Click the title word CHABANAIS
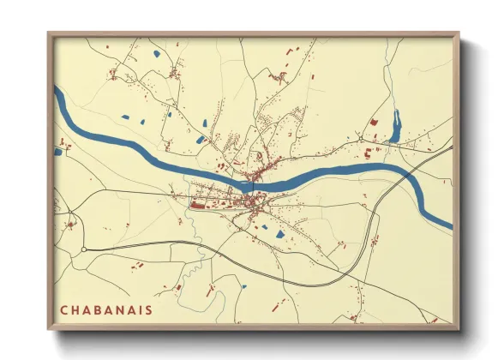click(x=106, y=309)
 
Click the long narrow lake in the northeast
click(x=395, y=125)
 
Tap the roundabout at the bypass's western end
click(x=84, y=249)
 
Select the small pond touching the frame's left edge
click(x=58, y=152)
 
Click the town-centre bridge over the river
click(x=249, y=183)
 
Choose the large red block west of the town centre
click(x=199, y=205)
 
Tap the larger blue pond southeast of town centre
click(x=280, y=232)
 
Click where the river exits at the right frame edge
click(x=450, y=224)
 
